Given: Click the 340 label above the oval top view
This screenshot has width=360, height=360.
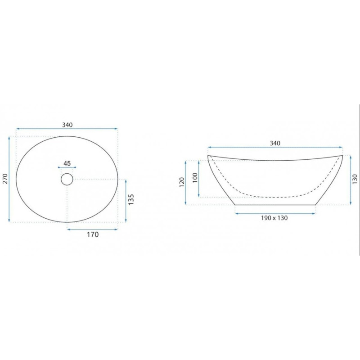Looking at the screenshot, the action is coord(67,125).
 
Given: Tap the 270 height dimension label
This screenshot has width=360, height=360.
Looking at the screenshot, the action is coord(5,179).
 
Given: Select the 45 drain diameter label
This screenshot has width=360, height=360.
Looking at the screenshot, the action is coord(67,163).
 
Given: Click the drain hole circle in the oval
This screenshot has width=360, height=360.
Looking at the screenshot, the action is coord(67,179).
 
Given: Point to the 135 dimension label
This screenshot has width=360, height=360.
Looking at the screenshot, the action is coord(130,199).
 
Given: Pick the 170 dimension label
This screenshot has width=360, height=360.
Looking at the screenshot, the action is coord(93,234).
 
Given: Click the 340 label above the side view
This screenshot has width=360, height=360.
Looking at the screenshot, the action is coord(275,143).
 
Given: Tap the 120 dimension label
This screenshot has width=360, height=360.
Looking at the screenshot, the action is coord(182,182).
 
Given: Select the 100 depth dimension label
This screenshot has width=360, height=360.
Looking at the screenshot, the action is coord(195,177).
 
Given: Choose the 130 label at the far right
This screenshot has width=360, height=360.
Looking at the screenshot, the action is coord(355,179).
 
